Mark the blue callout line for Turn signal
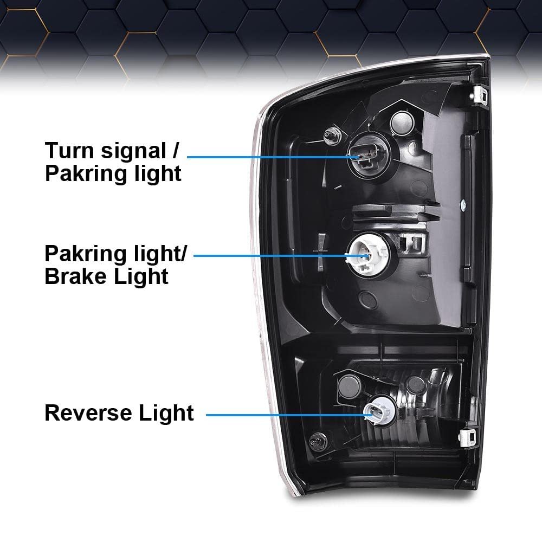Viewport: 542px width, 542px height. pyautogui.click(x=271, y=156)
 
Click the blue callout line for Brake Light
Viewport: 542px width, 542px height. pyautogui.click(x=271, y=255)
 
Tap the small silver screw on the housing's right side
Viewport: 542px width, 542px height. pyautogui.click(x=462, y=205)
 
